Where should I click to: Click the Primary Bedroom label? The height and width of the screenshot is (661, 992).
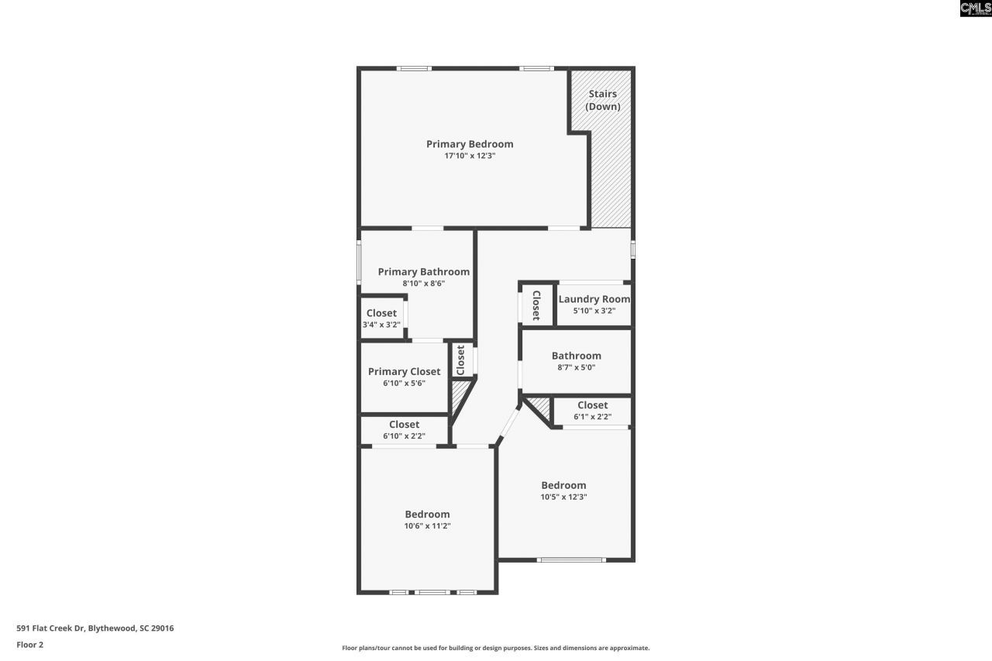[470, 144]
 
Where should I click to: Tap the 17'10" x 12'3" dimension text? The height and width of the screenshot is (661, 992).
[470, 156]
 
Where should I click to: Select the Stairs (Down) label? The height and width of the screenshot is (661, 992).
[602, 101]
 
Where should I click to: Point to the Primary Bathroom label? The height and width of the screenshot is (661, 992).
[423, 272]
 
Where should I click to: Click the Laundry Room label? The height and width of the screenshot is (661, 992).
[594, 299]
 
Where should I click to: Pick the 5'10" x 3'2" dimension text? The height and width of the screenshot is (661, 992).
[594, 311]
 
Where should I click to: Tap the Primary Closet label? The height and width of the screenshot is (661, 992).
[404, 372]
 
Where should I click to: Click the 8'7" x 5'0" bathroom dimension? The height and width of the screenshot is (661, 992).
[576, 367]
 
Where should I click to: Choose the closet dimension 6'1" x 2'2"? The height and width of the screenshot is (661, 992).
[592, 417]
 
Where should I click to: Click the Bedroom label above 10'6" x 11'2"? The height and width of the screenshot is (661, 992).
[427, 515]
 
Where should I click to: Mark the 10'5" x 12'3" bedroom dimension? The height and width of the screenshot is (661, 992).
[563, 497]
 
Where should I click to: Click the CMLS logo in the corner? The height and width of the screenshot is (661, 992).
[975, 9]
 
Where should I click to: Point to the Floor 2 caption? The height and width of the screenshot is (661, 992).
[29, 644]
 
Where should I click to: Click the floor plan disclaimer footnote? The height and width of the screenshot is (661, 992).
[496, 648]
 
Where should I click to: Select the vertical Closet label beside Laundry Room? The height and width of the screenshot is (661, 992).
[536, 306]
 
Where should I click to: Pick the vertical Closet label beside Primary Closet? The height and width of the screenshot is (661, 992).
[460, 360]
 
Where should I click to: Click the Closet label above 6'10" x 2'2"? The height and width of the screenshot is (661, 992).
[404, 425]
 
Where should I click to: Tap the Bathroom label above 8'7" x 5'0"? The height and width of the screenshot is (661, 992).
[576, 356]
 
